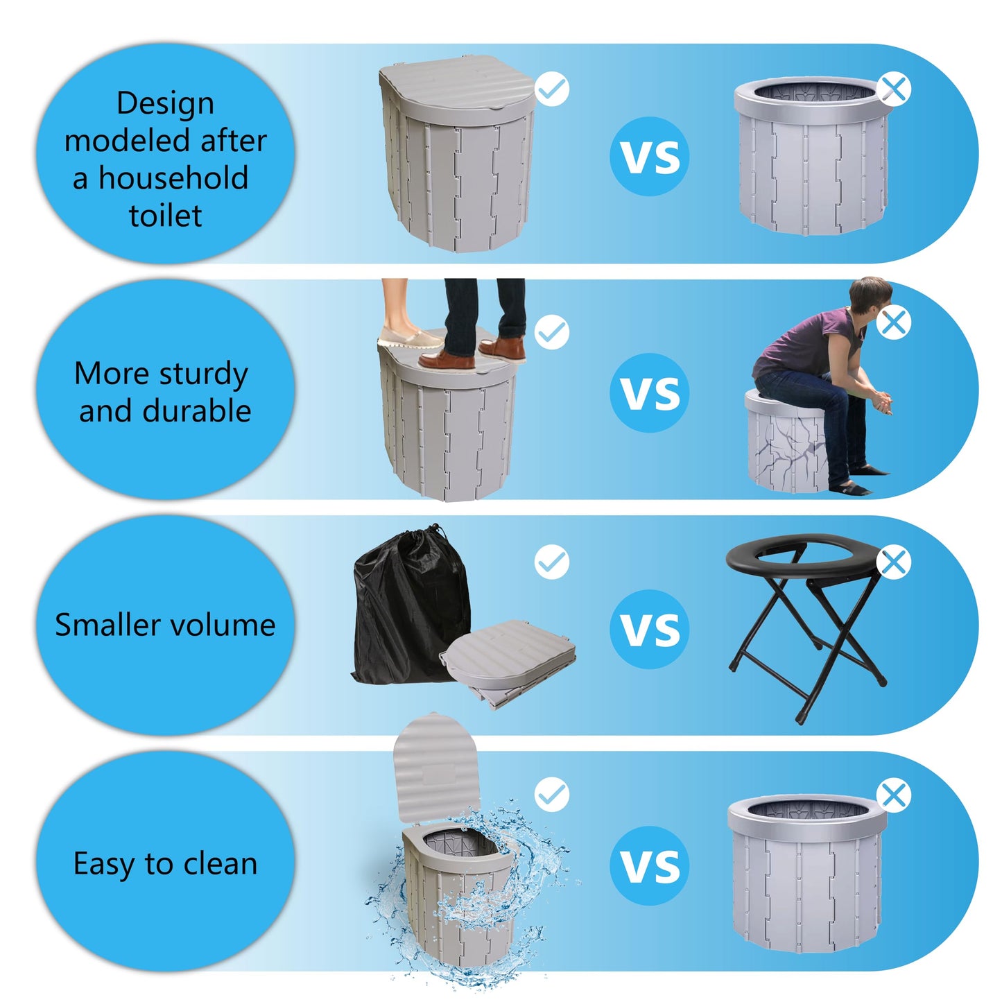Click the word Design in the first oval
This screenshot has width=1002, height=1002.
(165, 104)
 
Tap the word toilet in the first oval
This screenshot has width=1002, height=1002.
(165, 216)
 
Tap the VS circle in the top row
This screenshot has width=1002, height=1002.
(649, 156)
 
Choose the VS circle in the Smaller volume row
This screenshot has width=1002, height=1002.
(649, 629)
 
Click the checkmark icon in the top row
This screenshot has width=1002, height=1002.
(552, 89)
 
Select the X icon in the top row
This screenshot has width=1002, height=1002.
(894, 89)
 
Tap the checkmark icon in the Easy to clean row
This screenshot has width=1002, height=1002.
(552, 795)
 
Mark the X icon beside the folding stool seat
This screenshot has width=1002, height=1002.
(894, 562)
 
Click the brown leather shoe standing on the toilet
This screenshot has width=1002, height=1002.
(447, 359)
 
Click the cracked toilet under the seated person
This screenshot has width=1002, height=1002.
(787, 444)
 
